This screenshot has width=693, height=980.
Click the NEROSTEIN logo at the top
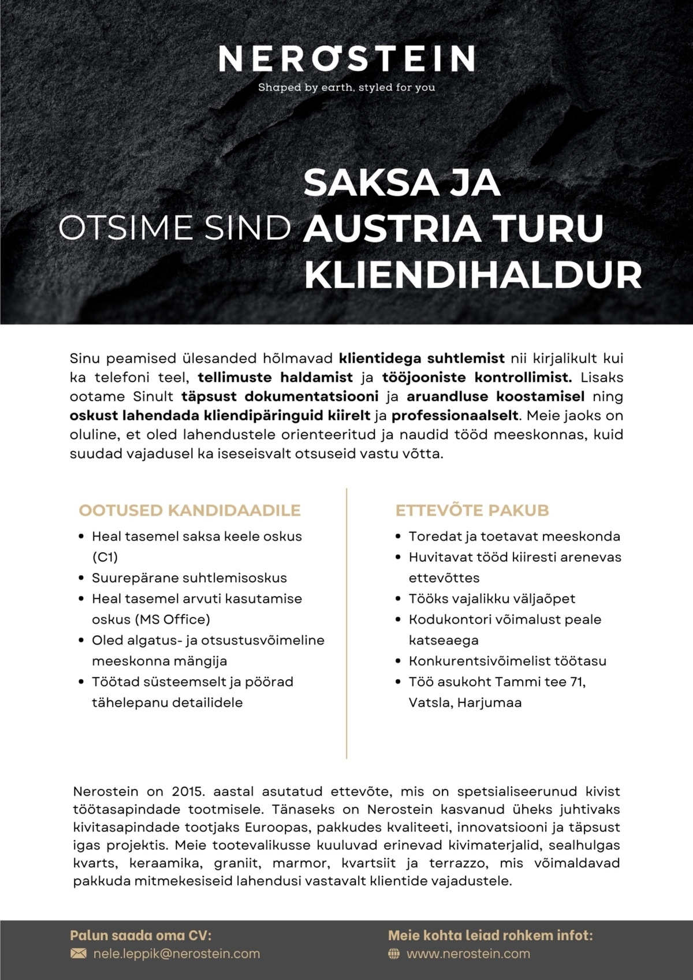(x=346, y=59)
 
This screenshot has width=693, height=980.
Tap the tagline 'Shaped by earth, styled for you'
(x=346, y=88)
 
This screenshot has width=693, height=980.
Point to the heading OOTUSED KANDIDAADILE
(x=189, y=511)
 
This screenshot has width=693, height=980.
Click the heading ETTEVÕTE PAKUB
(x=472, y=511)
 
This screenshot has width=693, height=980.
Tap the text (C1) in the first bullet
(x=105, y=557)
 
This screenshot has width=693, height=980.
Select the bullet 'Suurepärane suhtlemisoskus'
(x=189, y=578)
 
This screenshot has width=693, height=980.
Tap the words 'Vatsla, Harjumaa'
(x=465, y=703)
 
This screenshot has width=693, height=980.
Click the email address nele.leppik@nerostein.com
(x=176, y=953)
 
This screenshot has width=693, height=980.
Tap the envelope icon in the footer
(x=78, y=953)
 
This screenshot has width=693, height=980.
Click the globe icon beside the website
(x=394, y=953)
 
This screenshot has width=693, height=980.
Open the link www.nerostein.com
(x=468, y=953)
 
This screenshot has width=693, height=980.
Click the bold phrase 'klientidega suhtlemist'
(x=422, y=359)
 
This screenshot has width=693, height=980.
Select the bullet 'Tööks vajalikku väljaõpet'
(x=492, y=599)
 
